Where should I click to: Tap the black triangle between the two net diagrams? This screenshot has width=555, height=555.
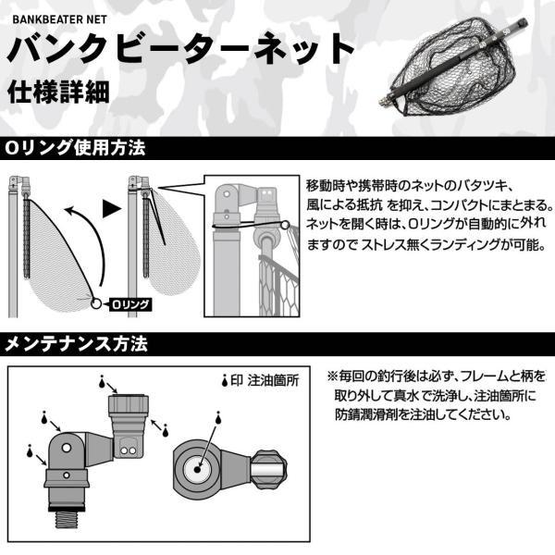(x=112, y=207)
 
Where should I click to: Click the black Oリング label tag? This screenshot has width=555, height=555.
(x=130, y=303)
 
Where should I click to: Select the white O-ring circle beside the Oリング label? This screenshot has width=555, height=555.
(x=95, y=302)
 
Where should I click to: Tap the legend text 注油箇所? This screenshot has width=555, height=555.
(x=277, y=380)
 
